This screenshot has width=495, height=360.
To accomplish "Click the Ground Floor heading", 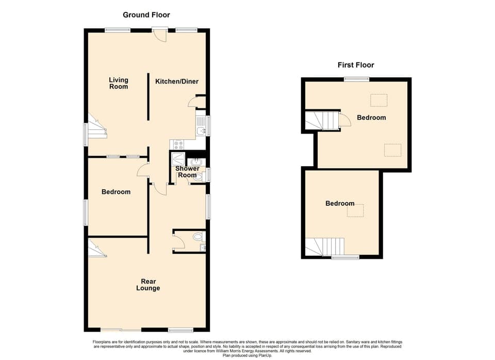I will [x=146, y=15].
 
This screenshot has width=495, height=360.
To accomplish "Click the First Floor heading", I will [x=356, y=65].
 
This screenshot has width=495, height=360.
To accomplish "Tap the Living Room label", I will [x=119, y=83].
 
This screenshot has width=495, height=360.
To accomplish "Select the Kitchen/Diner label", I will [x=177, y=81].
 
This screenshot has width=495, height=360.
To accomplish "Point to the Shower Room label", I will [x=187, y=172].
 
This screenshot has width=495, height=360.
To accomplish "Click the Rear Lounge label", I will [x=148, y=285].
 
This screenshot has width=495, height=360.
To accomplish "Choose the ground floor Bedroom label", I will [x=116, y=192].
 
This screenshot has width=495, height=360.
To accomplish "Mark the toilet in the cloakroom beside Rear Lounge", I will [x=197, y=238].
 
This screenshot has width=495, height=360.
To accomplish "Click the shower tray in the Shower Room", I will [x=178, y=157].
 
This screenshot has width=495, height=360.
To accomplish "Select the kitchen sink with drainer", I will [x=200, y=125].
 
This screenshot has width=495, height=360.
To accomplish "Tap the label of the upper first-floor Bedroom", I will [x=371, y=118].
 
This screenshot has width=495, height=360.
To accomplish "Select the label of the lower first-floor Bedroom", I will [x=340, y=204].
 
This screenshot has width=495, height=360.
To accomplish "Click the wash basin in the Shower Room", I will [x=196, y=162].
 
